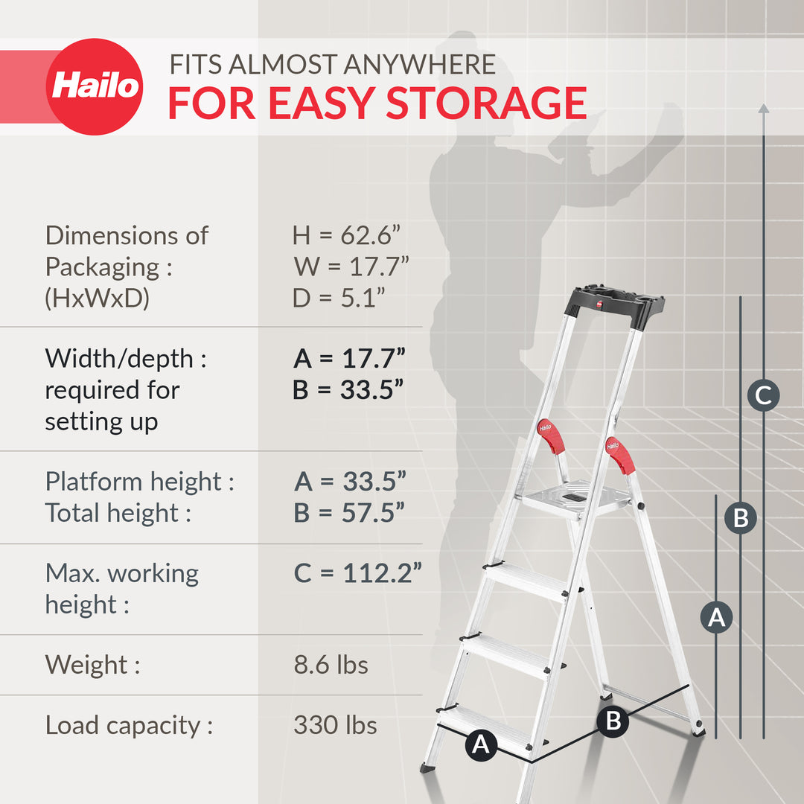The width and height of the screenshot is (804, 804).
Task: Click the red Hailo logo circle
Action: coord(95,87)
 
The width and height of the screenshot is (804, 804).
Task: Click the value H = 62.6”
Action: coord(347,235)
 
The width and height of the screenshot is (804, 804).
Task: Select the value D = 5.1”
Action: coord(339,298)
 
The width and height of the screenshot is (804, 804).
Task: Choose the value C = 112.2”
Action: coord(358,573)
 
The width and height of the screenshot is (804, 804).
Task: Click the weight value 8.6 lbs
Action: coord(331,664)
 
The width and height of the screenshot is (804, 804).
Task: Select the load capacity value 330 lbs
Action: coord(335,725)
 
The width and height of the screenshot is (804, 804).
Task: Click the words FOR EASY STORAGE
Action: coord(377,103)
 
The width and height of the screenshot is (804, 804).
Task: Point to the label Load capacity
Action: coord(129,725)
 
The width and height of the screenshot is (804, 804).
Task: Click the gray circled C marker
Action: coord(764,395)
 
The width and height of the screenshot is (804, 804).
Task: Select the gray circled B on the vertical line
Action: coord(741,517)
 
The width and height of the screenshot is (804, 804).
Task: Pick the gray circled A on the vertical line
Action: coord(716,617)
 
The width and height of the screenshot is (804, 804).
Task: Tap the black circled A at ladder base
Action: coord(482,744)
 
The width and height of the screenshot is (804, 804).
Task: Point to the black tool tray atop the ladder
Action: coord(615,305)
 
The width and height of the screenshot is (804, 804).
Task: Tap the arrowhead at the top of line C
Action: coord(764,109)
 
